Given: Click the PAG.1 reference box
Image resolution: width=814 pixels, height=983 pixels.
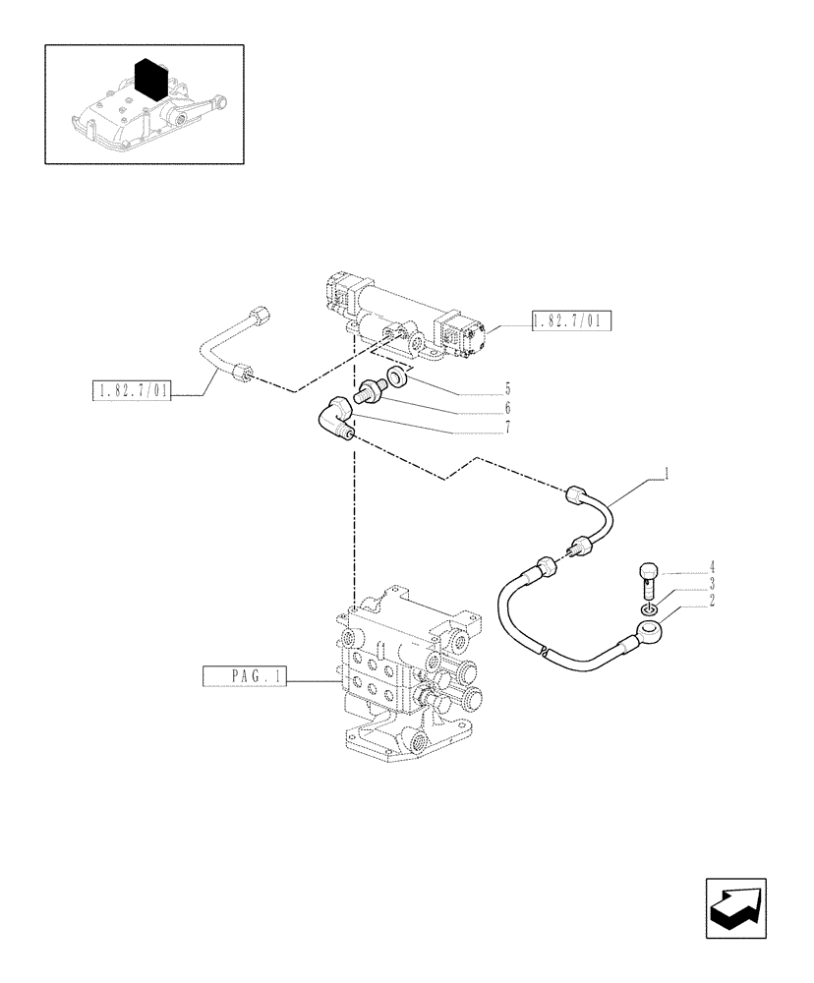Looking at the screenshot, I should tap(244, 676).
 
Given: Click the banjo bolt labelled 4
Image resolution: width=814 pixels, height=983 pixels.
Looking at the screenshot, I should tap(648, 577).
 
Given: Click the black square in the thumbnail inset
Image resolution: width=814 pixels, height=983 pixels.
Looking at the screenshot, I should tap(151, 78).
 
